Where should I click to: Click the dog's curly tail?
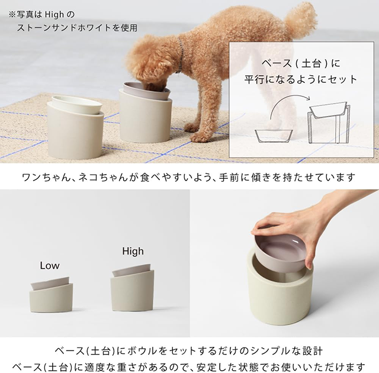click(301, 18)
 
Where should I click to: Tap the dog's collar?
click(179, 59)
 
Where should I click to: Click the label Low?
click(50, 266)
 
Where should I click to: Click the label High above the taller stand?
click(133, 251)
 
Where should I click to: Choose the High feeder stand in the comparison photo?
click(132, 290)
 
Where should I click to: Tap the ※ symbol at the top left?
click(12, 12)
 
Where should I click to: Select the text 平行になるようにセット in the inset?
click(301, 79)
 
